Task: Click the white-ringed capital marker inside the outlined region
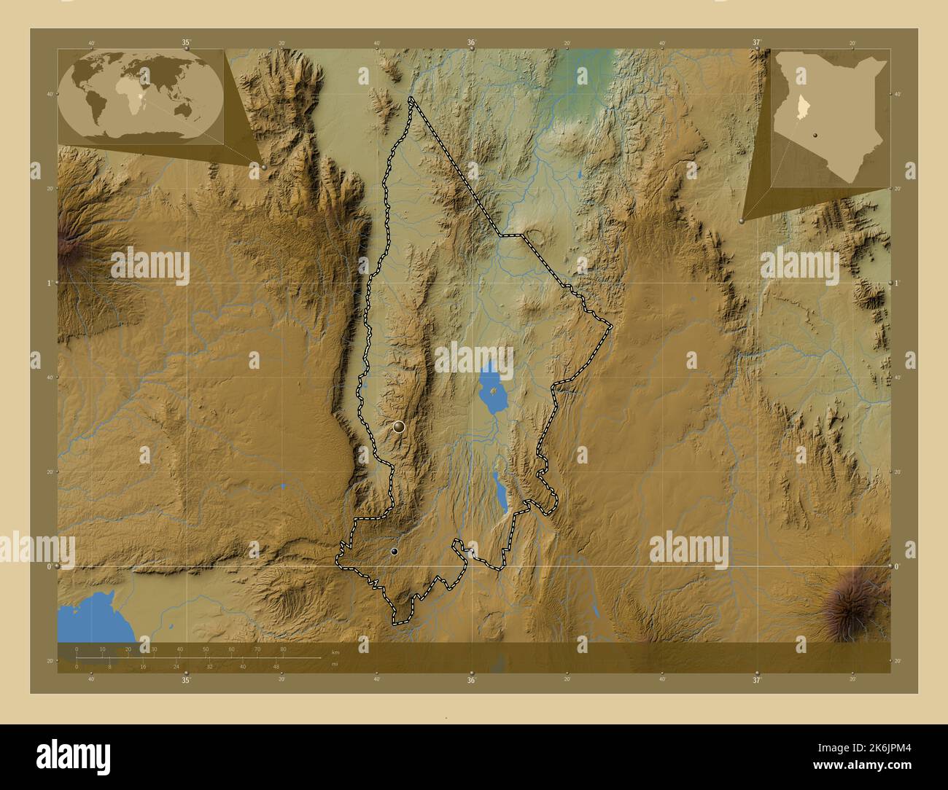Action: (398, 427)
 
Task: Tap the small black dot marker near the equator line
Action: (395, 552)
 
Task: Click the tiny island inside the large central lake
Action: (495, 391)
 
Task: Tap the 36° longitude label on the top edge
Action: (471, 43)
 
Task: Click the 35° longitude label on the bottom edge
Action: (186, 681)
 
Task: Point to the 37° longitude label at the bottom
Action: (756, 681)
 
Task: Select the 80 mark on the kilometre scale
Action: (283, 649)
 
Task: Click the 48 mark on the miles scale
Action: (276, 666)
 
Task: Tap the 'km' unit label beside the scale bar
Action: (335, 652)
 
